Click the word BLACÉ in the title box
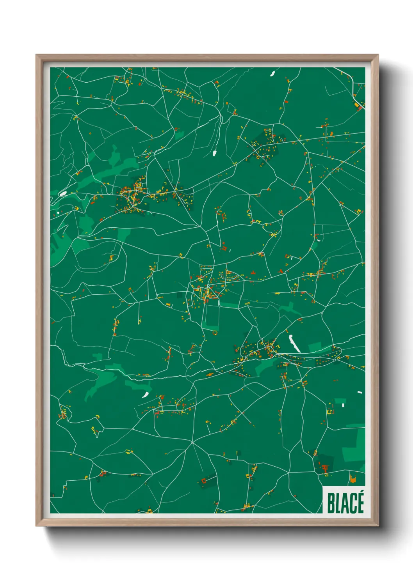(x=345, y=503)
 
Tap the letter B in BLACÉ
(x=330, y=503)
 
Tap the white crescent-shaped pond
(x=146, y=395)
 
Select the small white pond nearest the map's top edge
(x=272, y=73)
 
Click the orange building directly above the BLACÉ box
(x=353, y=479)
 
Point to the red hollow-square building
(x=203, y=480)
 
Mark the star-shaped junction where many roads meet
(x=192, y=442)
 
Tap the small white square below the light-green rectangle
(x=343, y=405)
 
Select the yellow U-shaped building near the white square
(x=330, y=411)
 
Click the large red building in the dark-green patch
(x=324, y=467)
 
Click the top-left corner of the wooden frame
(x=36, y=55)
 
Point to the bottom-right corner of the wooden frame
(x=378, y=526)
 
